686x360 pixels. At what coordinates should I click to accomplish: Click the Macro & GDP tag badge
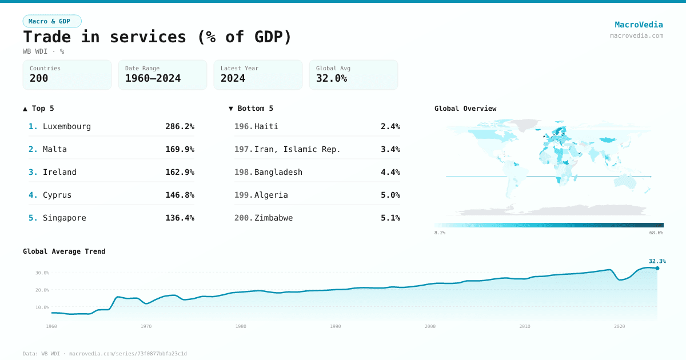pyautogui.click(x=52, y=21)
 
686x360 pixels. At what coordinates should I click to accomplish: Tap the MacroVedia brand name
pyautogui.click(x=639, y=25)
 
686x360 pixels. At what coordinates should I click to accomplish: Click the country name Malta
pyautogui.click(x=55, y=149)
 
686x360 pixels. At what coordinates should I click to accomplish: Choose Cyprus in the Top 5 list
pyautogui.click(x=57, y=195)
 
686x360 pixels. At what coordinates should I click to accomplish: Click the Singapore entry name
pyautogui.click(x=65, y=218)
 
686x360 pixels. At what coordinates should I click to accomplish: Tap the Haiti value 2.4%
pyautogui.click(x=390, y=126)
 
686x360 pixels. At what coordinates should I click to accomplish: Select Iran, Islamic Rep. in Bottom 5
pyautogui.click(x=297, y=149)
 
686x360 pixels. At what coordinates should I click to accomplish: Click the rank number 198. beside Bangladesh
pyautogui.click(x=244, y=172)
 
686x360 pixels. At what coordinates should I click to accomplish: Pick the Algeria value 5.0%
pyautogui.click(x=390, y=195)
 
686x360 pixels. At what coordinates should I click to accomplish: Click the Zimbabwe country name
pyautogui.click(x=273, y=218)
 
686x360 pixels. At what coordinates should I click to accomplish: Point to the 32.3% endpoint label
pyautogui.click(x=657, y=261)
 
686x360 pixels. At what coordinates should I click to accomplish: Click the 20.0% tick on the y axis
pyautogui.click(x=42, y=290)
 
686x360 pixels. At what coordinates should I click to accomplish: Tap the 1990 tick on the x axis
pyautogui.click(x=336, y=326)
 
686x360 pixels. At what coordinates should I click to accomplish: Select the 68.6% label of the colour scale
pyautogui.click(x=656, y=233)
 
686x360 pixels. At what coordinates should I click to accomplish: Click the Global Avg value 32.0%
pyautogui.click(x=332, y=79)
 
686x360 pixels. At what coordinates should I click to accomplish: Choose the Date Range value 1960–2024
pyautogui.click(x=153, y=79)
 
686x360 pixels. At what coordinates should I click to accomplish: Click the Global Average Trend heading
pyautogui.click(x=64, y=251)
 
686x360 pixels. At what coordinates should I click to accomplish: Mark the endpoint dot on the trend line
pyautogui.click(x=657, y=268)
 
